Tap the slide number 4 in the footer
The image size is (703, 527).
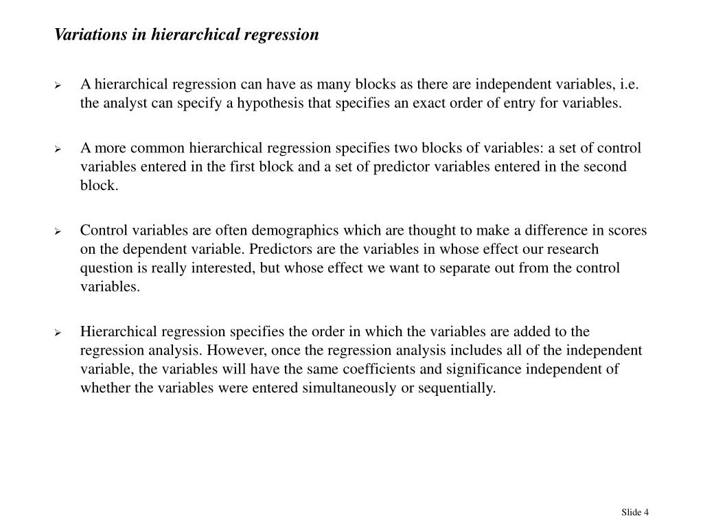646,512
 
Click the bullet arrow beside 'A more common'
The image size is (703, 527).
58,148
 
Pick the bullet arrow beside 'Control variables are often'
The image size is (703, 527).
58,231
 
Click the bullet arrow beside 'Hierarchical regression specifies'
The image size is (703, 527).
58,332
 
